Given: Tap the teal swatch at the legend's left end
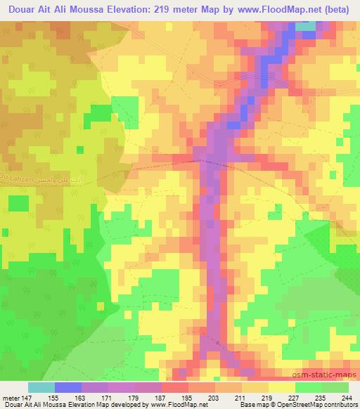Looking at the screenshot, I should [41, 387].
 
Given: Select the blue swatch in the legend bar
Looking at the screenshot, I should [68, 387].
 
